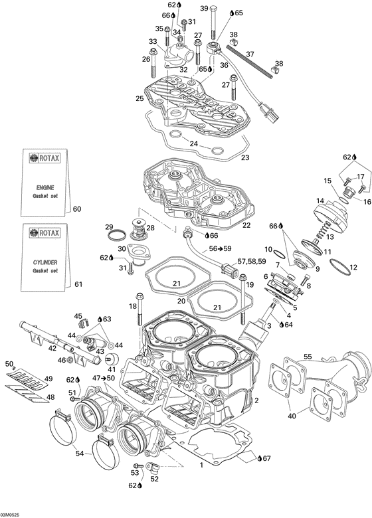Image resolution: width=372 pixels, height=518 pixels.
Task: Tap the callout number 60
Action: [77, 209]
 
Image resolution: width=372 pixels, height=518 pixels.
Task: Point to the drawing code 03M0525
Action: [13, 513]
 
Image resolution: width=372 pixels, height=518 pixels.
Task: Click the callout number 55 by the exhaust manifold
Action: [308, 357]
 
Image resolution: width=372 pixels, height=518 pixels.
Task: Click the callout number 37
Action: [250, 54]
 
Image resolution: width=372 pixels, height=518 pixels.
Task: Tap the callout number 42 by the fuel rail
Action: [52, 347]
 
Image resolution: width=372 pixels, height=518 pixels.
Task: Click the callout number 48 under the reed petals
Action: [50, 398]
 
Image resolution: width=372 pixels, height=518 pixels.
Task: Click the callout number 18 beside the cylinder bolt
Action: [132, 305]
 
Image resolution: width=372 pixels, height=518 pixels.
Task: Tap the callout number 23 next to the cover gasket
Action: [245, 157]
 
